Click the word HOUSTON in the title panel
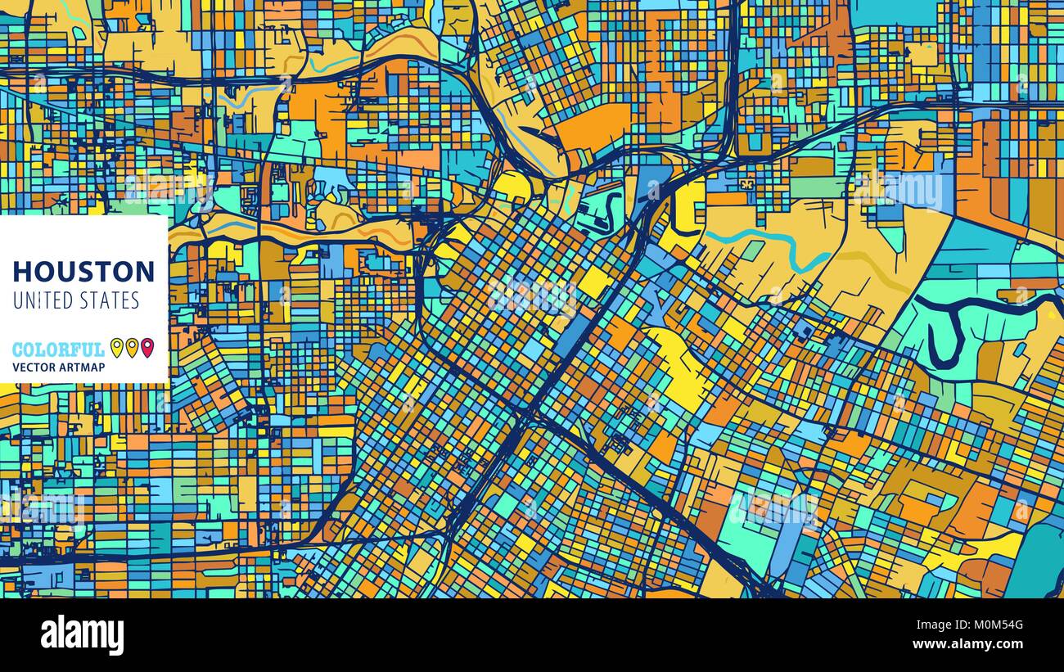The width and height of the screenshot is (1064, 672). [x=83, y=271]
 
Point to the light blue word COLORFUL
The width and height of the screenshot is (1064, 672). [x=58, y=350]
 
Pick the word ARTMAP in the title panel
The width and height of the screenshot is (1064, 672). [x=84, y=368]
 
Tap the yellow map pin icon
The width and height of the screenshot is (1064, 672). [x=116, y=347]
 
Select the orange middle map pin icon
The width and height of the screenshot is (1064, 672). [x=132, y=347]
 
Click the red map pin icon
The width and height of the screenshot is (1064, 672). [x=147, y=347]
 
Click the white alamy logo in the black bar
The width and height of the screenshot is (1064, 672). [x=82, y=635]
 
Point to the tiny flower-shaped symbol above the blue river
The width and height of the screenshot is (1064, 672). [x=746, y=185]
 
